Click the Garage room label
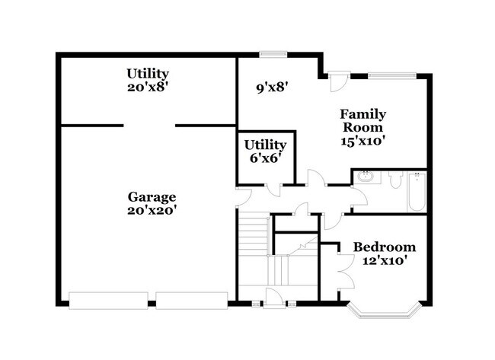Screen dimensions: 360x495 [x=152, y=196]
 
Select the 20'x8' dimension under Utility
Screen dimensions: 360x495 [x=147, y=87]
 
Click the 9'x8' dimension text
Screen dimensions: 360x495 [x=273, y=87]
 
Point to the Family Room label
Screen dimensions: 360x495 [x=362, y=120]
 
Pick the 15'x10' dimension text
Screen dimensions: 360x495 [x=362, y=140]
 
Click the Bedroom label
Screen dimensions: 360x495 [x=385, y=247]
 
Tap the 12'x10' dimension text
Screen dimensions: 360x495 [x=385, y=260]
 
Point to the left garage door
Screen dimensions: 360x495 [x=107, y=301]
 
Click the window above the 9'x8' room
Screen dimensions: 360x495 [x=272, y=54]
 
